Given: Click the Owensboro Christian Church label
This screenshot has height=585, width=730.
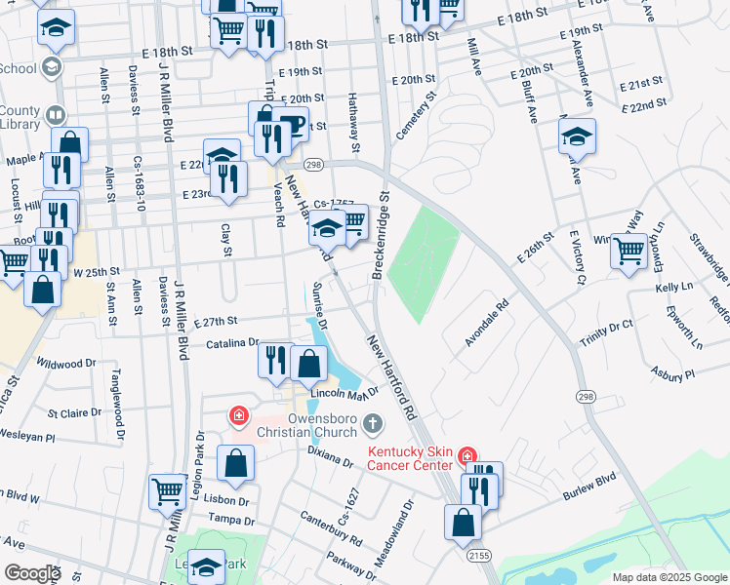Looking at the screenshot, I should (x=305, y=432).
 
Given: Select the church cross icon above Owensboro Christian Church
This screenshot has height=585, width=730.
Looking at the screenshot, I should (x=371, y=424).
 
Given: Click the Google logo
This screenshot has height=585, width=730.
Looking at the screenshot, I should (x=32, y=573).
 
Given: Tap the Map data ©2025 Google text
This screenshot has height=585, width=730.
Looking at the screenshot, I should (x=669, y=577).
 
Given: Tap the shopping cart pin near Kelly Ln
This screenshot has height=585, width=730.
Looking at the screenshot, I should (x=629, y=251).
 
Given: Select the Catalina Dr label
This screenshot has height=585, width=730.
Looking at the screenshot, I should (x=232, y=343).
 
